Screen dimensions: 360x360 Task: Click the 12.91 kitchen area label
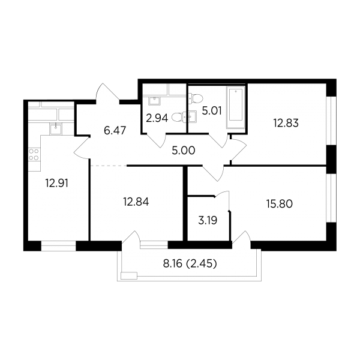(x=57, y=184)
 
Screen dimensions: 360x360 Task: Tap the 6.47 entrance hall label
(x=115, y=131)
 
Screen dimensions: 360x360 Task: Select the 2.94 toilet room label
(x=157, y=118)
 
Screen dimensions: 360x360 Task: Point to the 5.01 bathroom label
(x=211, y=111)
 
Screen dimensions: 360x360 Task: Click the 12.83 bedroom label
(x=286, y=123)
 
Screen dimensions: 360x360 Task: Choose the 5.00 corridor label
(x=184, y=151)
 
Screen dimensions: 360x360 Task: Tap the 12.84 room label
(x=136, y=202)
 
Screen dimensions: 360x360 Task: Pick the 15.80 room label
(x=280, y=203)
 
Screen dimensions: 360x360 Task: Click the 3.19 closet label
(x=208, y=221)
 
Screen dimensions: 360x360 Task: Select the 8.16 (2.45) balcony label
(x=190, y=264)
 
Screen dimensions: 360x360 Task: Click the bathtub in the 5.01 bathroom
(x=236, y=107)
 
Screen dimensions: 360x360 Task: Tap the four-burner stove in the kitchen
(x=34, y=155)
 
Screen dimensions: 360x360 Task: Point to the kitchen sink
(x=55, y=128)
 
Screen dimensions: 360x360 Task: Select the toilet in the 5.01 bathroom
(x=196, y=99)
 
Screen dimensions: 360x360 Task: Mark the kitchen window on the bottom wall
(x=58, y=245)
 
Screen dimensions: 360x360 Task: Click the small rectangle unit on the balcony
(x=129, y=275)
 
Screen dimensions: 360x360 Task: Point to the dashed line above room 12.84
(x=109, y=166)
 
